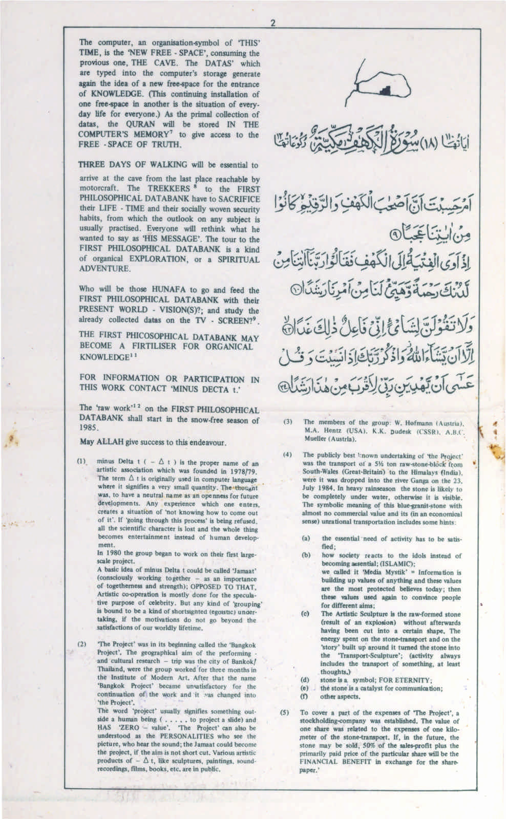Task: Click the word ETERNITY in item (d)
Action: point(416,680)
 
